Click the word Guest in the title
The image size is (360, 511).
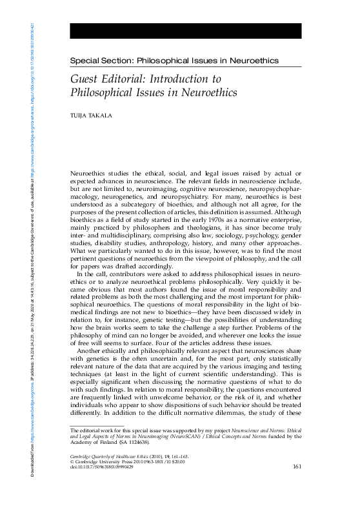(x=86, y=79)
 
